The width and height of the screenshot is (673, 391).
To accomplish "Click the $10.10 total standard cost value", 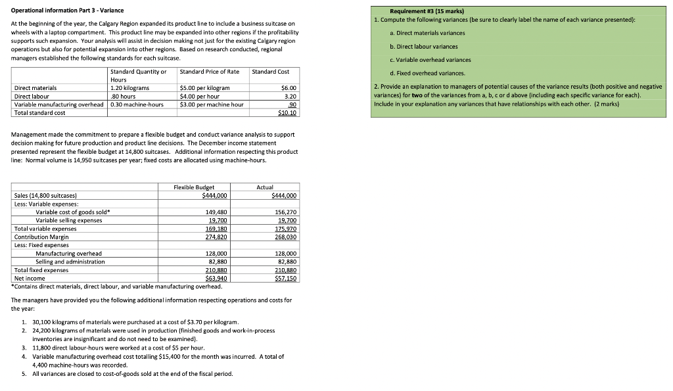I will (288, 113).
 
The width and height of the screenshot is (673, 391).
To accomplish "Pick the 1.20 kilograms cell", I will (130, 87).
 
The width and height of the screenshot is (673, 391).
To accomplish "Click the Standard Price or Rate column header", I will (210, 71).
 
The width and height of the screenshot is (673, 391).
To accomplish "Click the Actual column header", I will (265, 187).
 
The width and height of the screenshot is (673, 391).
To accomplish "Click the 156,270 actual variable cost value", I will (285, 212).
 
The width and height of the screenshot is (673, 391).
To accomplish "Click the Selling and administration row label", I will (70, 262).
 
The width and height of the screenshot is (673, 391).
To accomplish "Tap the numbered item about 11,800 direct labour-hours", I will (118, 348).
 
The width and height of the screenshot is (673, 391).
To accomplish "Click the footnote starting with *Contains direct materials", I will (116, 287).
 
